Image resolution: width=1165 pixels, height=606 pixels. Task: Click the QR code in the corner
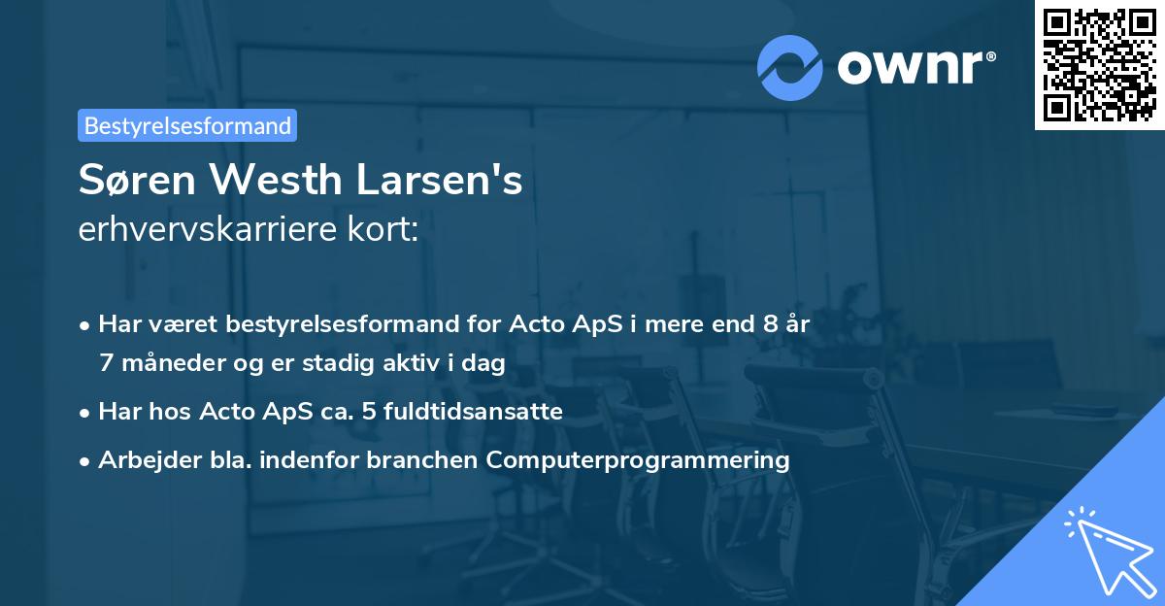1099,65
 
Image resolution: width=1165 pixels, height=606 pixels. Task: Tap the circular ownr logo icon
789,67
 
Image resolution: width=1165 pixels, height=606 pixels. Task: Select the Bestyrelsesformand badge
187,125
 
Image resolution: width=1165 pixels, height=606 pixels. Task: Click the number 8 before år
772,324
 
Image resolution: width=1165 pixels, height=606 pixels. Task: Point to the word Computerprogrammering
638,459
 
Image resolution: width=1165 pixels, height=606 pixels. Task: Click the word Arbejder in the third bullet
142,459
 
